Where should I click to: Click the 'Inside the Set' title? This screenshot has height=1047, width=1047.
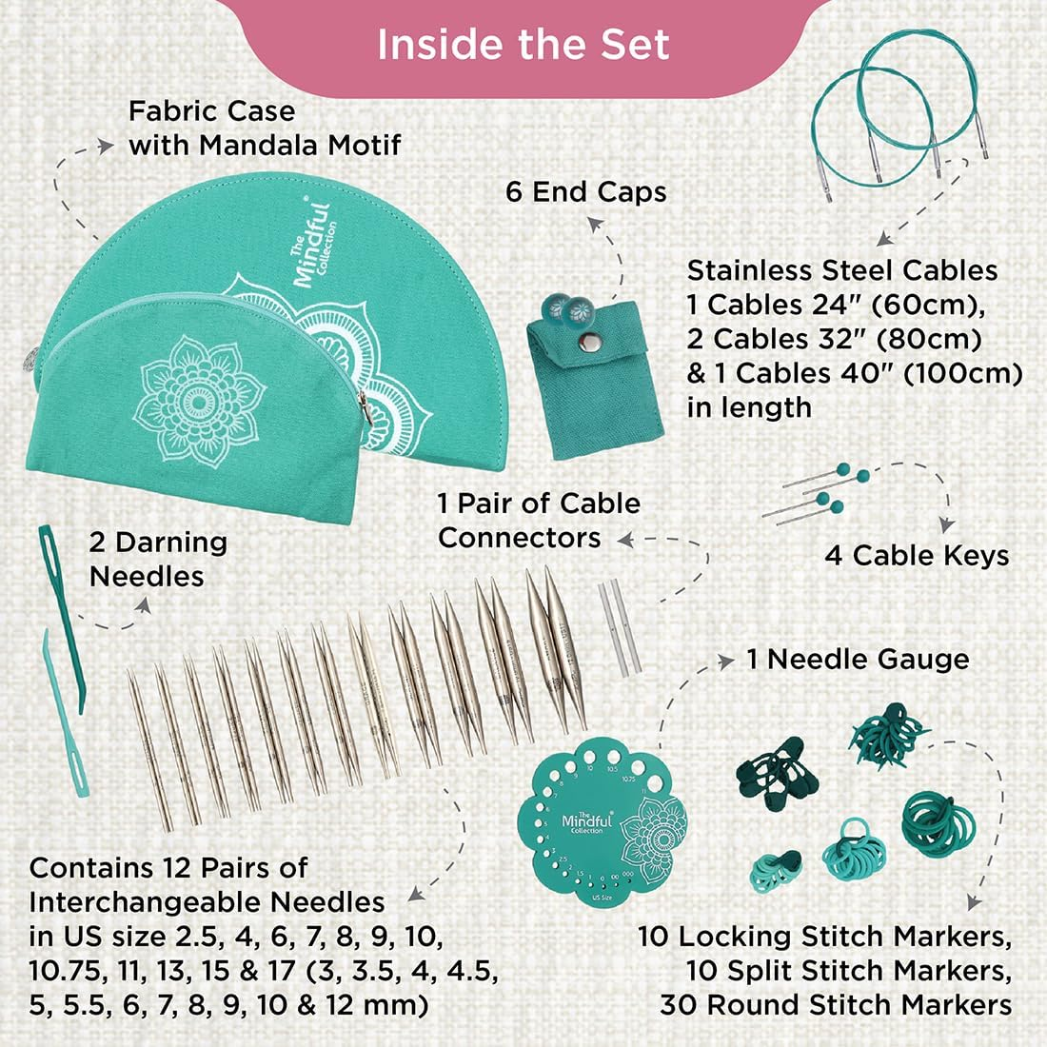(523, 45)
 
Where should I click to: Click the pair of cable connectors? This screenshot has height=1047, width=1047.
(614, 628)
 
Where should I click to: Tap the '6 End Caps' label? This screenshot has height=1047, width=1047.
(586, 191)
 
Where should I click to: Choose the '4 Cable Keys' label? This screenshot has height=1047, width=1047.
(917, 555)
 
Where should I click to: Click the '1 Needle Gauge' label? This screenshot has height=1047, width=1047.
(858, 659)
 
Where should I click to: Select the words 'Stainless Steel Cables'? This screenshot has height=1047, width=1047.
(842, 270)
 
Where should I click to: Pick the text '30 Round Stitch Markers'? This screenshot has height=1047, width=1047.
(836, 1004)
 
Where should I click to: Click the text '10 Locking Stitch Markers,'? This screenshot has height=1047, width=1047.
(824, 936)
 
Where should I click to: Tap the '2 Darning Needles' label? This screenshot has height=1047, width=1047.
(158, 559)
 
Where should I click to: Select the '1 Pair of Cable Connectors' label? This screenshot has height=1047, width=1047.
(539, 520)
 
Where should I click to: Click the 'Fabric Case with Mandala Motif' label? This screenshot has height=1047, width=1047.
(265, 128)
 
